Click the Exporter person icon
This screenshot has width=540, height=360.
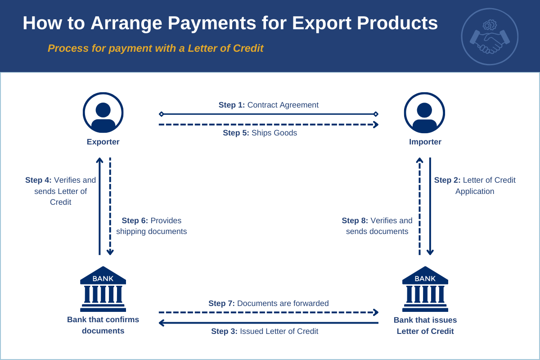(x=103, y=112)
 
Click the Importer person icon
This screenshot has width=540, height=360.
(x=424, y=112)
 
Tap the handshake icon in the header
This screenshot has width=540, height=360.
(x=490, y=37)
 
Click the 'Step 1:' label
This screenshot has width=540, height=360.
(x=232, y=105)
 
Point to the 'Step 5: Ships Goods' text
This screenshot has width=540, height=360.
(x=260, y=133)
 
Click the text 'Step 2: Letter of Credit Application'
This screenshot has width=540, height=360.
(x=475, y=185)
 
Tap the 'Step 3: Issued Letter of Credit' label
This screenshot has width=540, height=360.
(x=265, y=331)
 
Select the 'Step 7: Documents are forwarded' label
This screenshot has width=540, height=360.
(x=268, y=303)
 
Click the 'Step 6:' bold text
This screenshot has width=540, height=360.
(x=135, y=220)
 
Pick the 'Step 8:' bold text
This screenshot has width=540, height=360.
(x=355, y=220)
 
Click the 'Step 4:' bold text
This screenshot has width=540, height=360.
(x=38, y=180)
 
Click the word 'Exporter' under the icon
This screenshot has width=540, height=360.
(x=103, y=142)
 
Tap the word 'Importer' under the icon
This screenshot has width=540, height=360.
(x=425, y=142)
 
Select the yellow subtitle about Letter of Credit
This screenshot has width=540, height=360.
(x=155, y=48)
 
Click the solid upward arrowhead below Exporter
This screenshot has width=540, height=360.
(x=99, y=160)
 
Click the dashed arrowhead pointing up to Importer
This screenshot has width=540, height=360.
(x=419, y=160)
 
